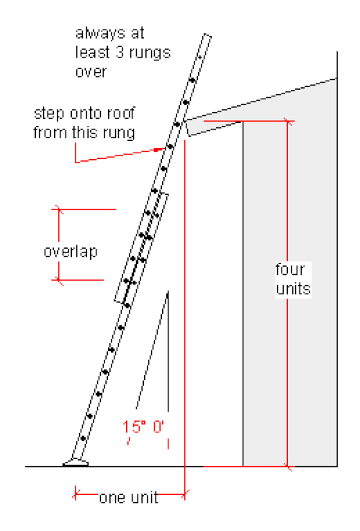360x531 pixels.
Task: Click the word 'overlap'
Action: click(71, 252)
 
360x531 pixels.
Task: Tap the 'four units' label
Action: click(293, 279)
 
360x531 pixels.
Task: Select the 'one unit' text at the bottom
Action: click(128, 498)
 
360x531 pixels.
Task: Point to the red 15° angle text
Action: click(143, 427)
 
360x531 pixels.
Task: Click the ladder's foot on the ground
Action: click(76, 463)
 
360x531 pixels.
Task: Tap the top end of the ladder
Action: click(207, 35)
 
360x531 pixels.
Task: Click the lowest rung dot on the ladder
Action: click(83, 439)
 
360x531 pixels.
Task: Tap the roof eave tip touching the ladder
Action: click(184, 120)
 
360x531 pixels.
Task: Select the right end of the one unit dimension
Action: click(185, 496)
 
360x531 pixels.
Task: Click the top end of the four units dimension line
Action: click(287, 121)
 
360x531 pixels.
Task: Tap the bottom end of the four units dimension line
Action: click(287, 467)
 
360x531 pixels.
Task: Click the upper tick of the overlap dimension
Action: click(59, 209)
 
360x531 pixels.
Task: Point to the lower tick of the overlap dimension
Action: click(59, 280)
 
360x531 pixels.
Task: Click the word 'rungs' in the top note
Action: click(150, 53)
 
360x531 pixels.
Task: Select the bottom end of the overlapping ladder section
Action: click(120, 301)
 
